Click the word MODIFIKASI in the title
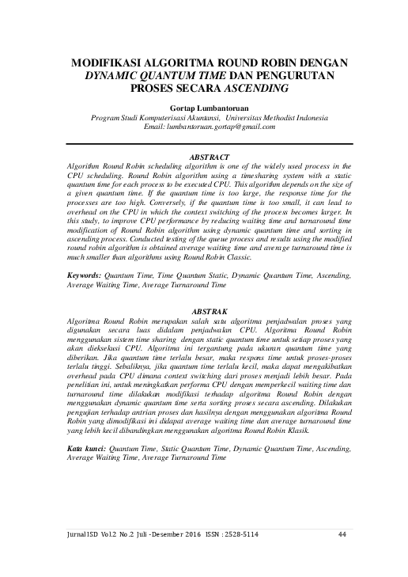point(107,62)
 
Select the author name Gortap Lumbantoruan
point(203,106)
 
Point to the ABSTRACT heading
point(204,157)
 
